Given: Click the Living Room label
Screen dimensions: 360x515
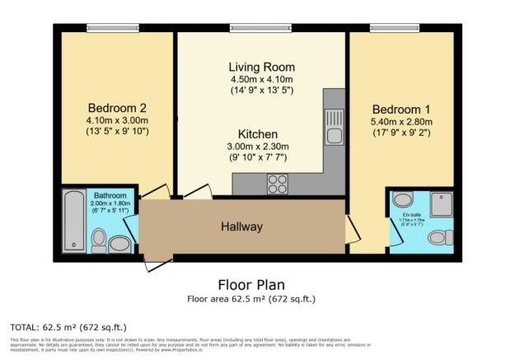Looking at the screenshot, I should tap(262, 67).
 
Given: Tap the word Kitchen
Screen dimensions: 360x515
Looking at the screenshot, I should tap(258, 134).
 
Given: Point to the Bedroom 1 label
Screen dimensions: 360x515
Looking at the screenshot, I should tap(400, 110).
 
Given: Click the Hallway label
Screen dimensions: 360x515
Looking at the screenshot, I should tap(241, 227).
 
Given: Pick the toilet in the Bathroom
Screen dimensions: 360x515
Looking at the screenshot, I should tap(98, 240).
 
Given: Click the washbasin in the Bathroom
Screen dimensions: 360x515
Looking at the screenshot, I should tap(120, 243).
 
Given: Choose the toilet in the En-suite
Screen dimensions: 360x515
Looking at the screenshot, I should tap(438, 237).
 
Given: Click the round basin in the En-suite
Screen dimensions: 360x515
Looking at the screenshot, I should tap(403, 199).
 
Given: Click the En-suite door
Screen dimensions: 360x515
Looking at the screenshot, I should tap(393, 235).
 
